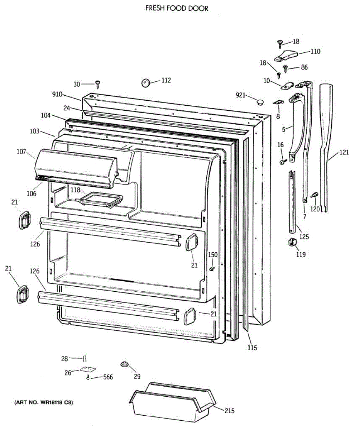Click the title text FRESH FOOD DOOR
click(x=177, y=8)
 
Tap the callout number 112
click(x=166, y=80)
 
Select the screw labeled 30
click(x=97, y=85)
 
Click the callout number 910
click(x=57, y=95)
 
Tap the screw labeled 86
click(x=285, y=68)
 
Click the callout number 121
click(x=344, y=152)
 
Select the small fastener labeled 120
click(x=315, y=194)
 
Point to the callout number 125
click(x=304, y=236)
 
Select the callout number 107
click(x=21, y=152)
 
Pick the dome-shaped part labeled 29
click(x=125, y=364)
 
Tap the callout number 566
click(x=108, y=377)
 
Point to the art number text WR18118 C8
click(x=43, y=402)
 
